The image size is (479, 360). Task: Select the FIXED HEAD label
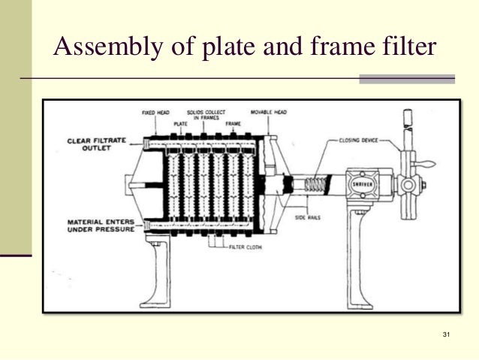[156, 113]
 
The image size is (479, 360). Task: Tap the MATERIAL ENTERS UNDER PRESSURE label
[100, 226]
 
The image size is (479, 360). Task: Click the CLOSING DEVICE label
[359, 139]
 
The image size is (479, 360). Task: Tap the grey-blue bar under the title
[407, 78]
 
